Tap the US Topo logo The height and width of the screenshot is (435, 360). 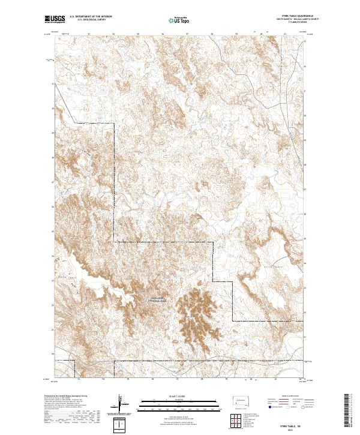click(x=174, y=20)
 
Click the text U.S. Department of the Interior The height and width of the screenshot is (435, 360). click(x=90, y=17)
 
